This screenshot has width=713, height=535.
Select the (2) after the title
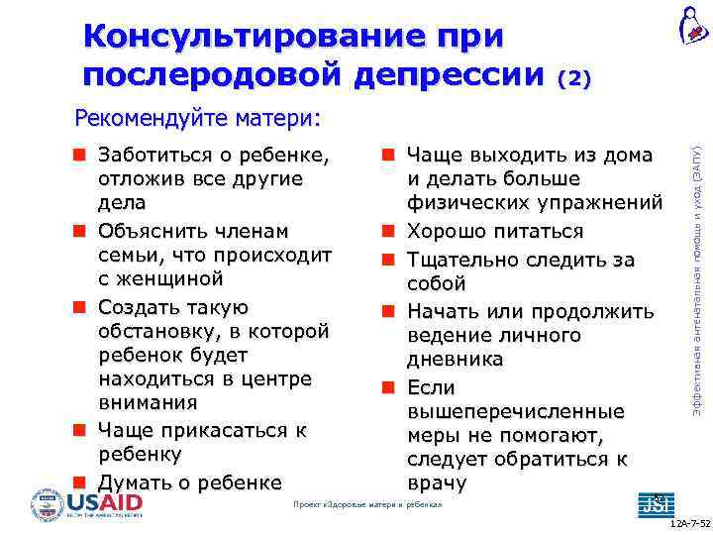[574, 78]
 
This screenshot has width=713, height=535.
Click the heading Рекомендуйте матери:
[198, 120]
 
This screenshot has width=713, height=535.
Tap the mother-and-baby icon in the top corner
[692, 25]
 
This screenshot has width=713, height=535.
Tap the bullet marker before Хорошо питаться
[390, 231]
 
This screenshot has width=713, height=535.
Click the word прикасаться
[227, 430]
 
